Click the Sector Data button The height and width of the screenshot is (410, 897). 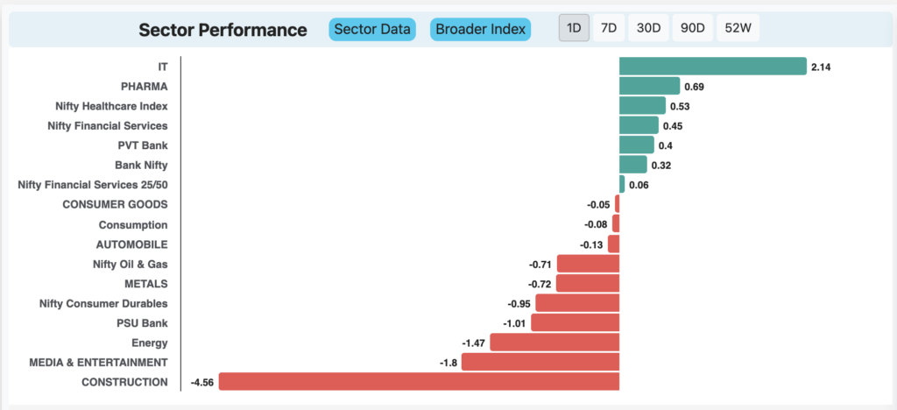pyautogui.click(x=371, y=29)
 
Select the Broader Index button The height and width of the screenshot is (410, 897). pyautogui.click(x=480, y=29)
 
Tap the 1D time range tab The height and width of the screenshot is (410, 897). pyautogui.click(x=574, y=29)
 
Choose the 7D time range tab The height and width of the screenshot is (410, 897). pyautogui.click(x=608, y=29)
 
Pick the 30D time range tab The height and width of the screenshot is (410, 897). pyautogui.click(x=648, y=29)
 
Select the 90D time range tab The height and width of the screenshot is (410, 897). pyautogui.click(x=692, y=29)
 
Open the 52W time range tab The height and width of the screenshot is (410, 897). pyautogui.click(x=737, y=29)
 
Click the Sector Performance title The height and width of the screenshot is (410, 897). pyautogui.click(x=222, y=30)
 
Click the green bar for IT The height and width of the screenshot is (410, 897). pyautogui.click(x=712, y=67)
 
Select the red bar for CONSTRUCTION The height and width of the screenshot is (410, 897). pyautogui.click(x=419, y=382)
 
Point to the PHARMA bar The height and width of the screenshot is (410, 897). pyautogui.click(x=649, y=86)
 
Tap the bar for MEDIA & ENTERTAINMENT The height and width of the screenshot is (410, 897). pyautogui.click(x=540, y=362)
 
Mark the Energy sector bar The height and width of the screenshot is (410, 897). pyautogui.click(x=554, y=343)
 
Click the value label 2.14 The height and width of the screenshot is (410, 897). pyautogui.click(x=821, y=67)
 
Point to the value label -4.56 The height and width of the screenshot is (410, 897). pyautogui.click(x=203, y=382)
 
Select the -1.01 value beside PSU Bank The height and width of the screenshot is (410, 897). pyautogui.click(x=515, y=323)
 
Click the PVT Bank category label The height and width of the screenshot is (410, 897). pyautogui.click(x=142, y=145)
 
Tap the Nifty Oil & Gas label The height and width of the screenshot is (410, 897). pyautogui.click(x=130, y=264)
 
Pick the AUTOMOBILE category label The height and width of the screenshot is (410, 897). pyautogui.click(x=131, y=244)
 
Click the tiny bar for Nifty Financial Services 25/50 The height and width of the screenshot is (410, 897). pyautogui.click(x=622, y=184)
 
